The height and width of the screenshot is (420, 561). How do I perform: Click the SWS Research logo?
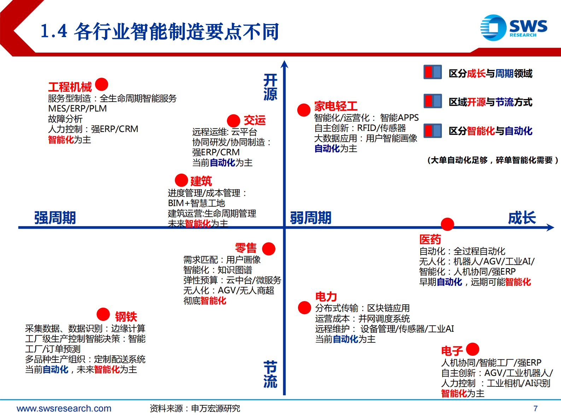pyautogui.click(x=514, y=28)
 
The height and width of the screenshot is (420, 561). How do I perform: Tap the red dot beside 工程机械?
pyautogui.click(x=101, y=84)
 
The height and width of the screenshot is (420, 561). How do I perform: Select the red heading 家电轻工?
pyautogui.click(x=336, y=106)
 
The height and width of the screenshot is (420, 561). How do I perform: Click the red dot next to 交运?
pyautogui.click(x=233, y=121)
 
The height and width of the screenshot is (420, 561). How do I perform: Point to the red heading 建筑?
pyautogui.click(x=201, y=181)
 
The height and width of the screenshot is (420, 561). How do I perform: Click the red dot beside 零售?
pyautogui.click(x=269, y=249)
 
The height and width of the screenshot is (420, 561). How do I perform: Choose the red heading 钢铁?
pyautogui.click(x=126, y=316)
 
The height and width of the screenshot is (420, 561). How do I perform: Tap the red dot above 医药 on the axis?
pyautogui.click(x=447, y=224)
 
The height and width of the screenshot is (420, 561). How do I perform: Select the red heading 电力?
pyautogui.click(x=326, y=296)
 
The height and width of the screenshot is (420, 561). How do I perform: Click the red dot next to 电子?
pyautogui.click(x=473, y=349)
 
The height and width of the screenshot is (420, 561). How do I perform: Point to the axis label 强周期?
pyautogui.click(x=55, y=218)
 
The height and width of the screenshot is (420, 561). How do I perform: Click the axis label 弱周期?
pyautogui.click(x=311, y=218)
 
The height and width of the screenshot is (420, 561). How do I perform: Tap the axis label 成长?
pyautogui.click(x=522, y=218)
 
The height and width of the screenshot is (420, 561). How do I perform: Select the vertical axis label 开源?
pyautogui.click(x=270, y=87)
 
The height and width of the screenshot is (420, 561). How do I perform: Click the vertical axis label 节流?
pyautogui.click(x=270, y=374)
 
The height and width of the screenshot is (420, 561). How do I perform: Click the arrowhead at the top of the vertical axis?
pyautogui.click(x=285, y=64)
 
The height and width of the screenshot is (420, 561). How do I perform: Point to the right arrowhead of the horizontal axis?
pyautogui.click(x=550, y=227)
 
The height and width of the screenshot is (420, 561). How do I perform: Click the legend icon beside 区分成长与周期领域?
pyautogui.click(x=432, y=72)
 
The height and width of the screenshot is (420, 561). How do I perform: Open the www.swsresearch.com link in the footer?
pyautogui.click(x=64, y=408)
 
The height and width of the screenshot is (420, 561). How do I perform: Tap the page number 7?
pyautogui.click(x=536, y=408)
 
